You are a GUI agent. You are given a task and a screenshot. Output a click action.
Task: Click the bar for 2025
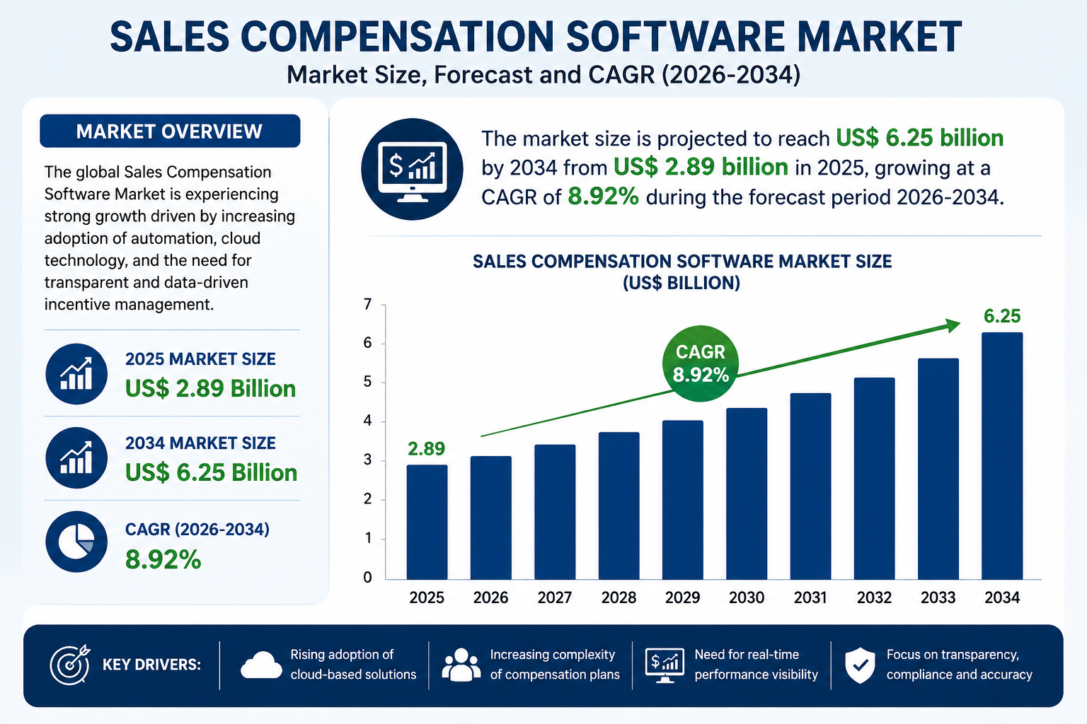[427, 522]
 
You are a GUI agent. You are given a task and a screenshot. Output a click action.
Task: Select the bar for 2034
[1002, 456]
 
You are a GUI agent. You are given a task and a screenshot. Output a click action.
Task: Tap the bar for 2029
[683, 499]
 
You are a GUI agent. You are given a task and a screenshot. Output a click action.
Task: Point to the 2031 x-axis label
[810, 597]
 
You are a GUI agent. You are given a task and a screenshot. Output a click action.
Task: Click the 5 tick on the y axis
[368, 382]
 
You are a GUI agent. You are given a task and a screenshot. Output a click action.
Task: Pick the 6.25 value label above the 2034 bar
[1002, 316]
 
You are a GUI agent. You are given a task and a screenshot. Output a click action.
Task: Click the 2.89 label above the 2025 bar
[427, 449]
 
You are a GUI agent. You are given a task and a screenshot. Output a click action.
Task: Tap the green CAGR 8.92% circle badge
[700, 363]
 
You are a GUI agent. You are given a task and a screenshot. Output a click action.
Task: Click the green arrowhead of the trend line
[952, 326]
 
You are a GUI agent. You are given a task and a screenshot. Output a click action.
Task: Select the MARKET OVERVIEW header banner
[170, 131]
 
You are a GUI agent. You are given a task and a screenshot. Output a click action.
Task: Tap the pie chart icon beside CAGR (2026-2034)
[76, 542]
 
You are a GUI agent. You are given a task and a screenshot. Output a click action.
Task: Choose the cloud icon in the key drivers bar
[261, 665]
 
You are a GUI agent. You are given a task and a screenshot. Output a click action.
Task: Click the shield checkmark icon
[860, 665]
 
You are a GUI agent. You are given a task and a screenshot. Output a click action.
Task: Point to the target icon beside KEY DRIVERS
[70, 665]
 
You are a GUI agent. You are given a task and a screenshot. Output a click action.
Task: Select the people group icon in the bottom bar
[461, 665]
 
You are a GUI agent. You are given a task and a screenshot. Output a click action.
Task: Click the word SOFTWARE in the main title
[674, 37]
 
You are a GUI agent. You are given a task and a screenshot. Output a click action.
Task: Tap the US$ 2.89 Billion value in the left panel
[211, 389]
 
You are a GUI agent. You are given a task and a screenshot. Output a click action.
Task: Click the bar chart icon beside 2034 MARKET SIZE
[76, 457]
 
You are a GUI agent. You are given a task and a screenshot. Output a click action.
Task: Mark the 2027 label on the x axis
[555, 597]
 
